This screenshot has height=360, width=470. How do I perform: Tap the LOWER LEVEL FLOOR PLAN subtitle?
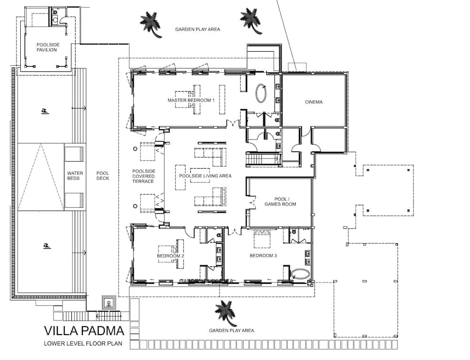[83, 344]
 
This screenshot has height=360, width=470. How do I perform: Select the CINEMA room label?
[313, 102]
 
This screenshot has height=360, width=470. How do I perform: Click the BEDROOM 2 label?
[170, 256]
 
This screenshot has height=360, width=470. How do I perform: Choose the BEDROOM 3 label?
[261, 256]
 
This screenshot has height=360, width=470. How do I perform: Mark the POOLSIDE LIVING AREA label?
[205, 176]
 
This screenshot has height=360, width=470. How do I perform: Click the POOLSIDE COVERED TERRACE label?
[143, 176]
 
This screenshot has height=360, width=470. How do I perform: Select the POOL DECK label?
[102, 176]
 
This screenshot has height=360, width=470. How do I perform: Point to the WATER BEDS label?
[75, 176]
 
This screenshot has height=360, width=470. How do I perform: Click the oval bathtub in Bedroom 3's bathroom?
[299, 274]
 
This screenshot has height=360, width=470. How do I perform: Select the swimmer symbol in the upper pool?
[44, 111]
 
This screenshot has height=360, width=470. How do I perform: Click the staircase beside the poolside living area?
[263, 160]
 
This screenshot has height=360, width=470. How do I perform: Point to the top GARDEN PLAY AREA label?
[197, 29]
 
